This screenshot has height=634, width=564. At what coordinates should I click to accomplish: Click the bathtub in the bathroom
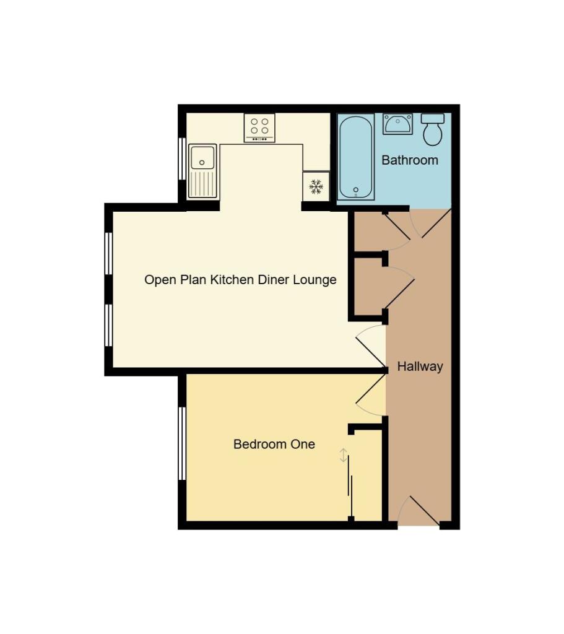click(356, 157)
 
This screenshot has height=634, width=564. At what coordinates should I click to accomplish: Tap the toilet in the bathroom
click(432, 128)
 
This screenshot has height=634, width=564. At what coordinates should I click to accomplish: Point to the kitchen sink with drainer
click(202, 171)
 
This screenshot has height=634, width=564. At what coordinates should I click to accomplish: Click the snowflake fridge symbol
click(316, 186)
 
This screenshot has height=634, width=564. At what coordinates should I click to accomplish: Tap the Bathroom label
click(409, 160)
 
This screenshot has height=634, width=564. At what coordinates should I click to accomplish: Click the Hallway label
click(420, 367)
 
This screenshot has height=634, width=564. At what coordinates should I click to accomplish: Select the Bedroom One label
click(274, 445)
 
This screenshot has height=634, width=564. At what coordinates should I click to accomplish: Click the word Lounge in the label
click(316, 280)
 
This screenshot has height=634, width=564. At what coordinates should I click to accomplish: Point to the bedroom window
click(182, 443)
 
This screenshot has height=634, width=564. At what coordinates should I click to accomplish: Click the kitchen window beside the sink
click(182, 158)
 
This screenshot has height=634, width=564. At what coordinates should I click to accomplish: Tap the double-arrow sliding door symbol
click(343, 456)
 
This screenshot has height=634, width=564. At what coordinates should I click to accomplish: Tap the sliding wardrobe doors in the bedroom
click(350, 487)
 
